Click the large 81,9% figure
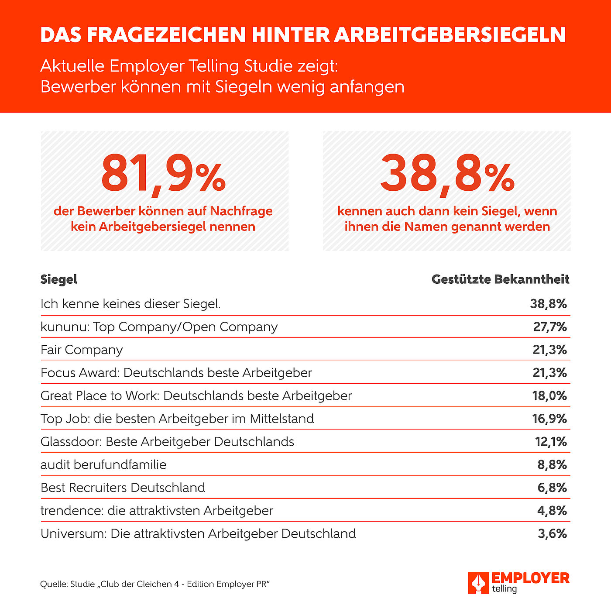pyautogui.click(x=163, y=174)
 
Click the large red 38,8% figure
pyautogui.click(x=447, y=174)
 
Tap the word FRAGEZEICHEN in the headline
pyautogui.click(x=166, y=34)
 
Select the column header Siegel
pyautogui.click(x=59, y=279)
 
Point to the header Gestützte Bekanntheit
pyautogui.click(x=501, y=279)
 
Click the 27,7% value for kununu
pyautogui.click(x=550, y=327)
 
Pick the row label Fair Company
pyautogui.click(x=82, y=350)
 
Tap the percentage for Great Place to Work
pyautogui.click(x=550, y=396)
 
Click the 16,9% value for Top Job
pyautogui.click(x=550, y=419)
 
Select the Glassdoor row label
pyautogui.click(x=167, y=442)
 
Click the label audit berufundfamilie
pyautogui.click(x=103, y=464)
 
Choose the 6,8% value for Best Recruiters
pyautogui.click(x=552, y=488)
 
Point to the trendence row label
pyautogui.click(x=157, y=511)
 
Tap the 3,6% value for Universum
pyautogui.click(x=552, y=533)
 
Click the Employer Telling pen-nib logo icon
pyautogui.click(x=478, y=583)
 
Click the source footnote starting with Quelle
pyautogui.click(x=155, y=584)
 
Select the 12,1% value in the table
pyautogui.click(x=551, y=442)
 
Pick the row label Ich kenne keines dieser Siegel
pyautogui.click(x=130, y=304)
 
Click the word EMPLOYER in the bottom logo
pyautogui.click(x=530, y=578)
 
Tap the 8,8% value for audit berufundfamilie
pyautogui.click(x=552, y=464)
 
